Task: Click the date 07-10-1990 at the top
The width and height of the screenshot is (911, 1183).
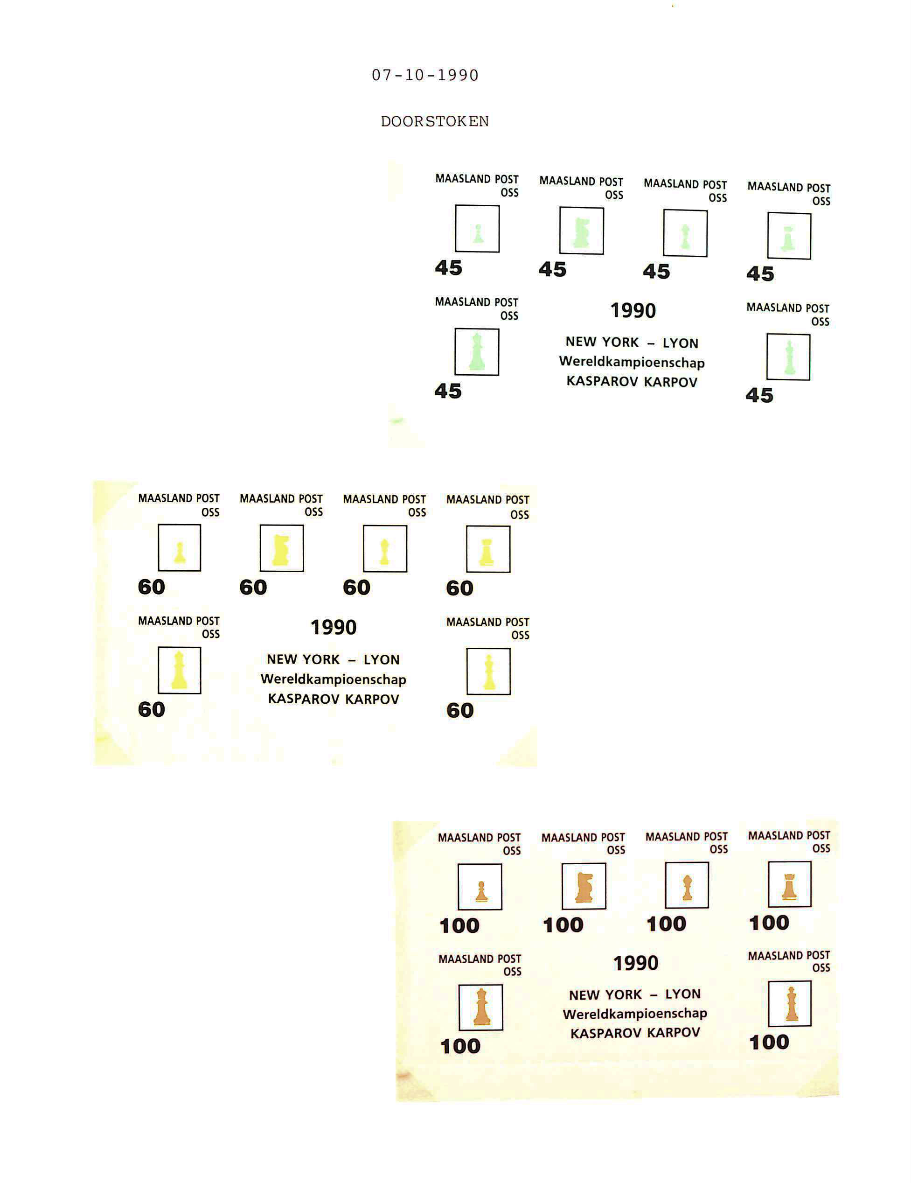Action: [425, 75]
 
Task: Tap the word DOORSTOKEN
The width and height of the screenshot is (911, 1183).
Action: [435, 121]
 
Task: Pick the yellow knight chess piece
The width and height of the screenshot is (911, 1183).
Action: [280, 550]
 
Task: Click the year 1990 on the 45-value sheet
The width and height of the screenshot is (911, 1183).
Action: [633, 310]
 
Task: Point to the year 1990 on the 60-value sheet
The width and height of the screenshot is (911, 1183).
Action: [334, 627]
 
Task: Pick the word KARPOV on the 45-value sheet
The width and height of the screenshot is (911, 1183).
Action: [671, 382]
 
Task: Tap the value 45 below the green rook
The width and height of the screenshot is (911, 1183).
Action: [760, 274]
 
